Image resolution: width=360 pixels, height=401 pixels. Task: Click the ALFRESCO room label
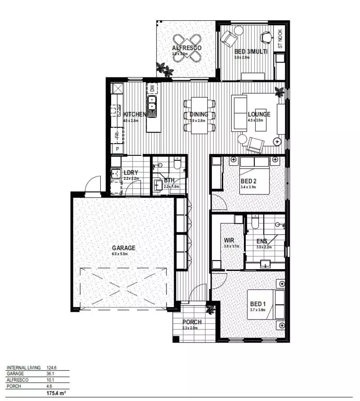click(x=186, y=48)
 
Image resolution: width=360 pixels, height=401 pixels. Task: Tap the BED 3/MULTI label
click(x=251, y=51)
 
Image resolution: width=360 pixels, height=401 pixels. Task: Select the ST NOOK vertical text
click(x=280, y=39)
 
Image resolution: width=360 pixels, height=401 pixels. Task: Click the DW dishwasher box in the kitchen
click(x=152, y=89)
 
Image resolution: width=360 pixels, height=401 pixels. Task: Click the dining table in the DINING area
click(x=198, y=115)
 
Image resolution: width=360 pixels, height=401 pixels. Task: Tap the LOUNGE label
click(x=259, y=114)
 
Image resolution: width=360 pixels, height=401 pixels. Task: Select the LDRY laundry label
click(x=130, y=172)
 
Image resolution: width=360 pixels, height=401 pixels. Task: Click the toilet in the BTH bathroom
click(x=177, y=164)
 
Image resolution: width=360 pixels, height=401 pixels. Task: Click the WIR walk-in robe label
click(x=229, y=240)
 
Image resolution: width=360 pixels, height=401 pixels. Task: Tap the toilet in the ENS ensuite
click(x=255, y=222)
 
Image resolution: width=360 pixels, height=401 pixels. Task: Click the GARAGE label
click(x=123, y=248)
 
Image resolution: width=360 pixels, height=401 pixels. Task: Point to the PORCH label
click(x=192, y=322)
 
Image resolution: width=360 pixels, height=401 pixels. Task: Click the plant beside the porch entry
click(x=210, y=309)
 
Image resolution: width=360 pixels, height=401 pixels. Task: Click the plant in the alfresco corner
click(x=164, y=70)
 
